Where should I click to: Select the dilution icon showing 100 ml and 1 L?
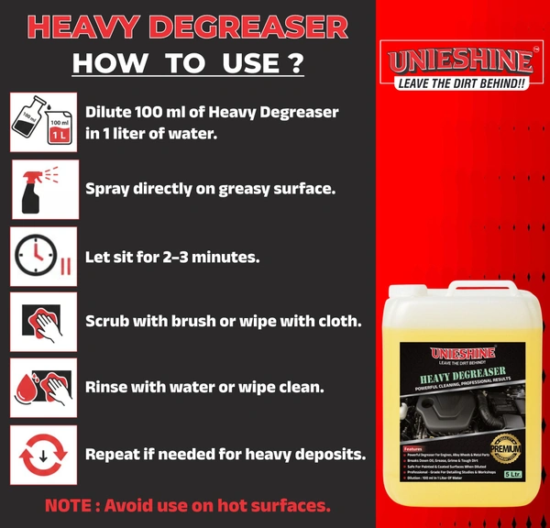pos(43,123)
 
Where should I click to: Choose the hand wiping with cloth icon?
pos(44,322)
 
